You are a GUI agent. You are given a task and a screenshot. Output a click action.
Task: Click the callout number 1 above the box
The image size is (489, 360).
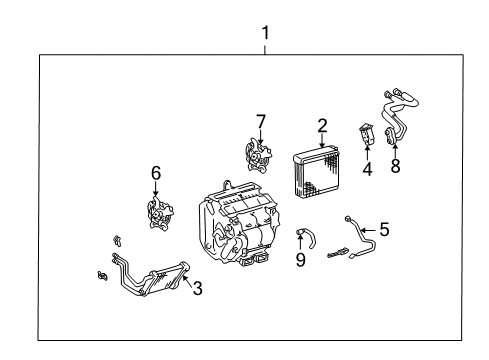click(265, 32)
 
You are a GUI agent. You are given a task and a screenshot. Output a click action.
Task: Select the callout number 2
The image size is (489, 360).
click(322, 125)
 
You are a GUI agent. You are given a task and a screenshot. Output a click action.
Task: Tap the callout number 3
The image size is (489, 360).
click(197, 290)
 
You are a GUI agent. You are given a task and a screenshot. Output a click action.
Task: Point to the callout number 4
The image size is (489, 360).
click(367, 169)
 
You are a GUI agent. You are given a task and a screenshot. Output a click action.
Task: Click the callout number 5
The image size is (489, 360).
click(384, 229)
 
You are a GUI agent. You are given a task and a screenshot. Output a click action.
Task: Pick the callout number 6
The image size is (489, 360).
click(156, 173)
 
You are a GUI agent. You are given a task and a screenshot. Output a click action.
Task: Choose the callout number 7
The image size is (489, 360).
click(260, 122)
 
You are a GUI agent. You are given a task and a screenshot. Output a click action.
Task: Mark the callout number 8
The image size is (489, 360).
click(395, 166)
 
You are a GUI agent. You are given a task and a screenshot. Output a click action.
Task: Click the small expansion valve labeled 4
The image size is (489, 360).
click(366, 134)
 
